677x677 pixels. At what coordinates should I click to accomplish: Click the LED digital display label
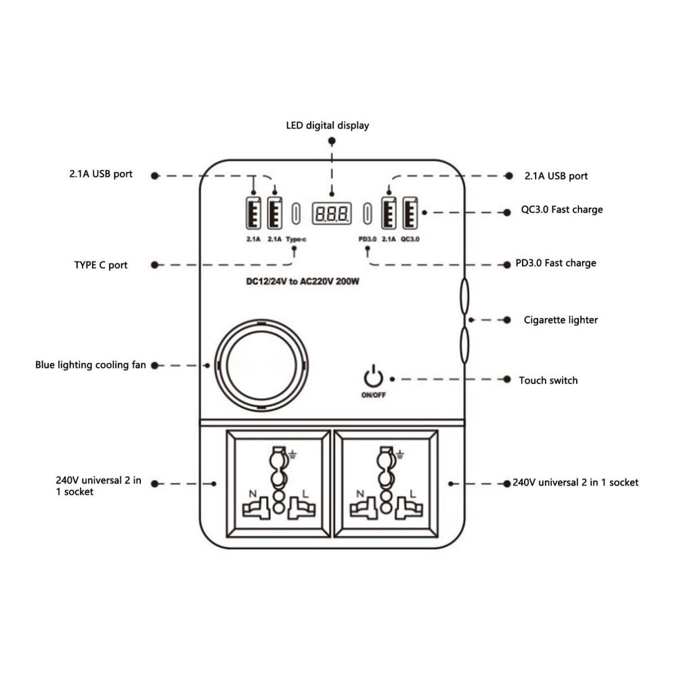point(327,125)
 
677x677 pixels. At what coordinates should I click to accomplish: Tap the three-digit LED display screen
point(331,214)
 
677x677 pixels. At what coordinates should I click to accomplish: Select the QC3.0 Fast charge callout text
point(561,210)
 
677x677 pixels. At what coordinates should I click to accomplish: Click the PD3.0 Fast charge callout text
point(561,263)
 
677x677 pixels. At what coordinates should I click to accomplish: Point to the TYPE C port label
point(101,265)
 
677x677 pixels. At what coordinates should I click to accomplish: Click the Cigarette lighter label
point(561,320)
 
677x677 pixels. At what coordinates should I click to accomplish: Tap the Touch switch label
point(548,380)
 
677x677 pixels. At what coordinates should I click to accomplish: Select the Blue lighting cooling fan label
point(91,365)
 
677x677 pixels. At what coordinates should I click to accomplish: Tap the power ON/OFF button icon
point(373,378)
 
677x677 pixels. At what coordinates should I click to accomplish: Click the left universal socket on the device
point(277,484)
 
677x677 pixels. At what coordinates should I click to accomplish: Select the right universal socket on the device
point(387,484)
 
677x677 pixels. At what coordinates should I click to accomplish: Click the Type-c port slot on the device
point(296,213)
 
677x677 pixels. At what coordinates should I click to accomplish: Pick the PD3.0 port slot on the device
point(368,213)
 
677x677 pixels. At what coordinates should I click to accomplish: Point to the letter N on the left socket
point(252,494)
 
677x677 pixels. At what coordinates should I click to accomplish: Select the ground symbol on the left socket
point(293,453)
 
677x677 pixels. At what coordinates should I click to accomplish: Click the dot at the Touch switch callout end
point(507,380)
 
